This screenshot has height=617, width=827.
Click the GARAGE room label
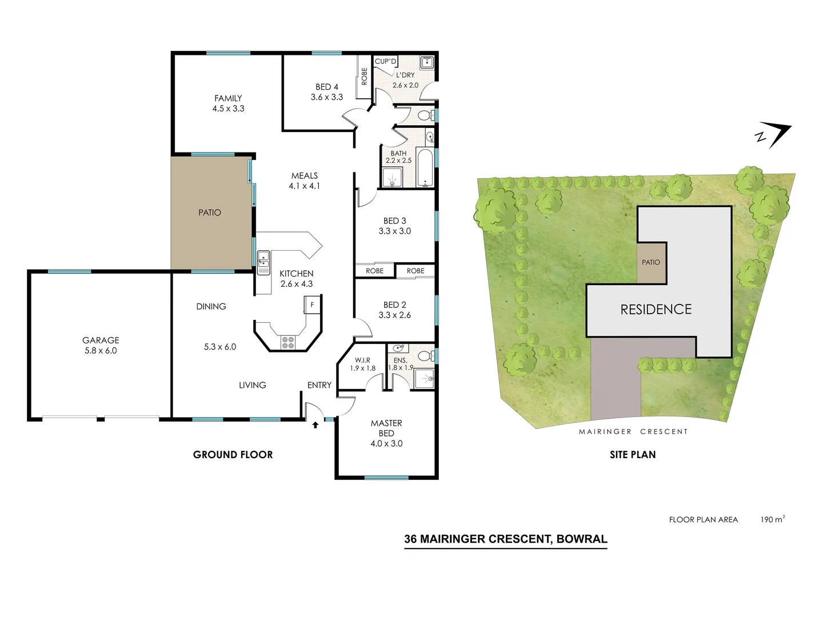coord(101,340)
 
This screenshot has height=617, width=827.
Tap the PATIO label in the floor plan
coord(209,213)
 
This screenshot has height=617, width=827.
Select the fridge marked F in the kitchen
coord(312,305)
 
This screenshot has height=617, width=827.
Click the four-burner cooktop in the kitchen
coord(288,342)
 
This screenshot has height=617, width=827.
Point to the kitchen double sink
coord(263,262)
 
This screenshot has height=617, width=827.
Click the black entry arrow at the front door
coord(315,424)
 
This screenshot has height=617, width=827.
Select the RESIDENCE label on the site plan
coord(656,310)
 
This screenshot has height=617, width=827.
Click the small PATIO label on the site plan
coord(650,262)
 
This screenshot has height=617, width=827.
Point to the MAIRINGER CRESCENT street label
coord(633,432)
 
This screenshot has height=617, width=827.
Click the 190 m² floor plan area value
coord(772,519)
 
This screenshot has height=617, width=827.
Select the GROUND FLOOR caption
coord(233,455)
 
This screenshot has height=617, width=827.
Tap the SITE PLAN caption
coord(632,455)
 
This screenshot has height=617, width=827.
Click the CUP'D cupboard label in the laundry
coord(385,61)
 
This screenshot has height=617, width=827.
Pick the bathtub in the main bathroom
coord(425,168)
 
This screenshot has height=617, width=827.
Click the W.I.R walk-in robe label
coord(362,360)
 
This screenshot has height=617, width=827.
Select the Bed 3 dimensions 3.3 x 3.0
coord(394,231)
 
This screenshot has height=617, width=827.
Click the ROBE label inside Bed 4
coord(364,77)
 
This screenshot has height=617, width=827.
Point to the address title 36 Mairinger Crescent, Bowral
coord(505,539)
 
